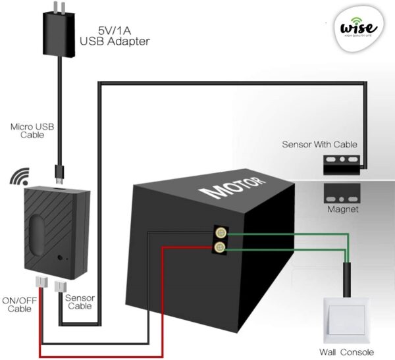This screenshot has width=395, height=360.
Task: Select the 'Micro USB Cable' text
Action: (27, 130)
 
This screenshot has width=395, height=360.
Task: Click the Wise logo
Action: (358, 30)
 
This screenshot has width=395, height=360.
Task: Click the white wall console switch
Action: (345, 320)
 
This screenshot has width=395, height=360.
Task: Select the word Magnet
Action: (343, 210)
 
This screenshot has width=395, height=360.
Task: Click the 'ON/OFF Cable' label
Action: (20, 303)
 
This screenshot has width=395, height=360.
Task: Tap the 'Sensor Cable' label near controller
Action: (80, 301)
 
